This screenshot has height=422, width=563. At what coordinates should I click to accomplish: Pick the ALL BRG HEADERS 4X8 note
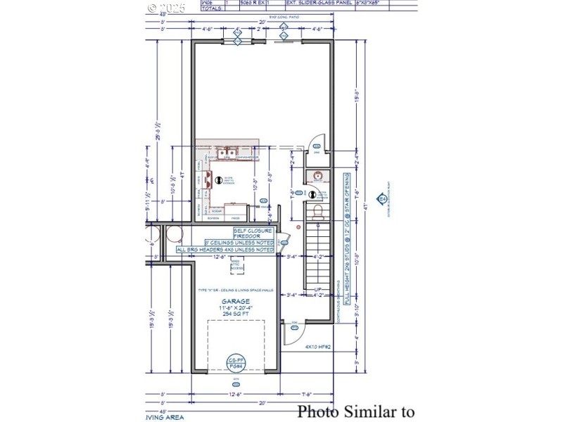[x=225, y=250]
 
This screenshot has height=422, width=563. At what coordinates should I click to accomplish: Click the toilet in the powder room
[x=317, y=210]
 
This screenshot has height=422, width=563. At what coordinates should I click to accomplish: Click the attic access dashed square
[x=236, y=266]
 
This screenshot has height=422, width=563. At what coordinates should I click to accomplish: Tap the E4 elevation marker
[x=383, y=199]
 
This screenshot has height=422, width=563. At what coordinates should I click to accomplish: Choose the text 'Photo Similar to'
[x=355, y=411]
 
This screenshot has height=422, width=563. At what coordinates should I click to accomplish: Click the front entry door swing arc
[x=292, y=334]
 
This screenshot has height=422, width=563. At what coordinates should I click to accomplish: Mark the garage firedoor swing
[x=284, y=239]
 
